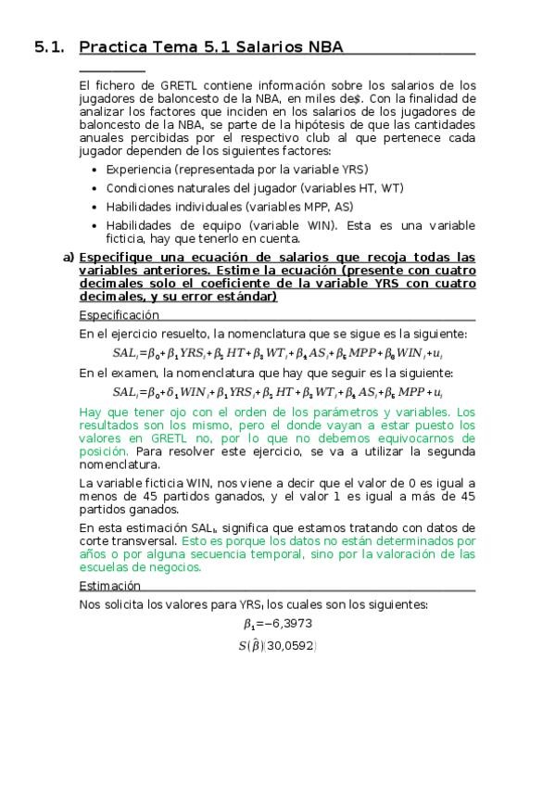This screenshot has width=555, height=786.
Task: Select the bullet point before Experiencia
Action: tap(98, 170)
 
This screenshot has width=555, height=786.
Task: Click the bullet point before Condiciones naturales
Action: tap(98, 188)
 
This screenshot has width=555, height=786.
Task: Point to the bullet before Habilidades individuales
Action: tap(98, 207)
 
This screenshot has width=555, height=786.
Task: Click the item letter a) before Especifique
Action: tap(69, 257)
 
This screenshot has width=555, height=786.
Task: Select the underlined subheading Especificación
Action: tap(120, 315)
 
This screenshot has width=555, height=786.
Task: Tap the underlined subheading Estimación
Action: tap(110, 586)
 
